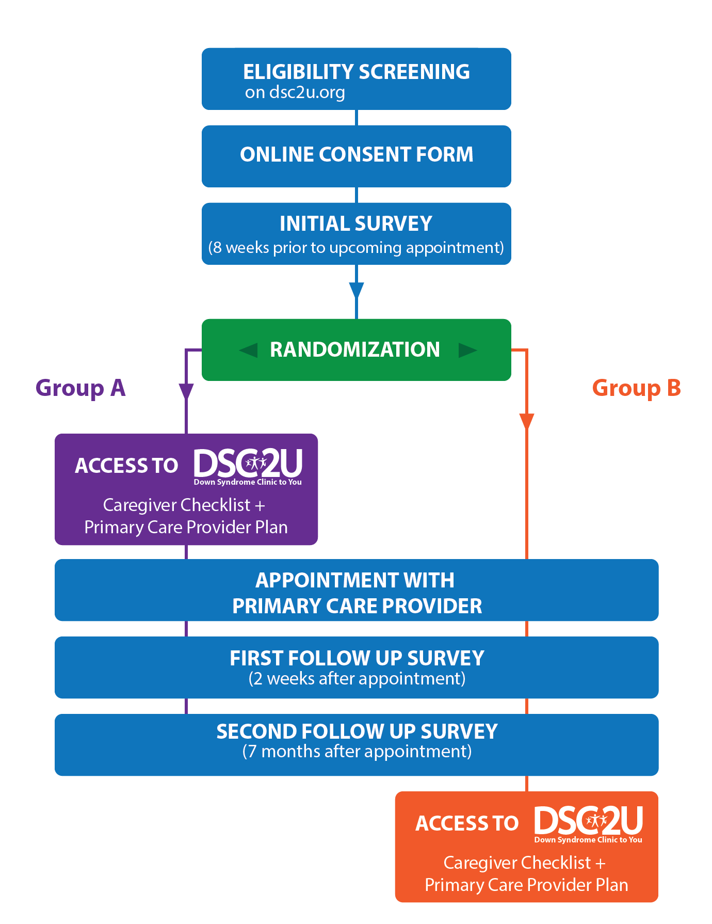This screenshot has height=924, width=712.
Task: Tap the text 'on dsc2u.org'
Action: point(295,92)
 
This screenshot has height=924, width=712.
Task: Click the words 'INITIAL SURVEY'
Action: point(356,224)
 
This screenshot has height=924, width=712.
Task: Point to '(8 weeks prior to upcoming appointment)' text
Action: point(356,248)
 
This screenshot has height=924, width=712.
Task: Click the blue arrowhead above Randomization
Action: point(357,290)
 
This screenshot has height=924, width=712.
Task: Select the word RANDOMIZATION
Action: point(355,349)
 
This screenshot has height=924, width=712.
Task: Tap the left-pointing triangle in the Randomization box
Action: point(249,351)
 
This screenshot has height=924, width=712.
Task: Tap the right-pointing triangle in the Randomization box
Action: point(467,351)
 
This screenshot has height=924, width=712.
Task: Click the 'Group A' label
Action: point(80,388)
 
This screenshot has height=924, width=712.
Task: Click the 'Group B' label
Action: point(636,388)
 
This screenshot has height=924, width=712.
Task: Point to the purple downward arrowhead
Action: point(186,391)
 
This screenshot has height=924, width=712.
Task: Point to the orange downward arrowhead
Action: point(526,421)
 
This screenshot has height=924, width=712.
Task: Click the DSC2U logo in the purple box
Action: point(248,466)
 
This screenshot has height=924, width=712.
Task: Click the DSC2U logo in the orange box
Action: point(588,824)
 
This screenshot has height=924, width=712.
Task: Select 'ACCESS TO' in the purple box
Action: point(126,466)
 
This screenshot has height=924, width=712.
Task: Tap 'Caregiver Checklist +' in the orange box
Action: point(524,863)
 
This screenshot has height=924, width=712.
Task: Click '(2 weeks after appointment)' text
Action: point(357,678)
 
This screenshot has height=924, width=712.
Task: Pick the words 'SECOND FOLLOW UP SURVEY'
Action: point(357,731)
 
